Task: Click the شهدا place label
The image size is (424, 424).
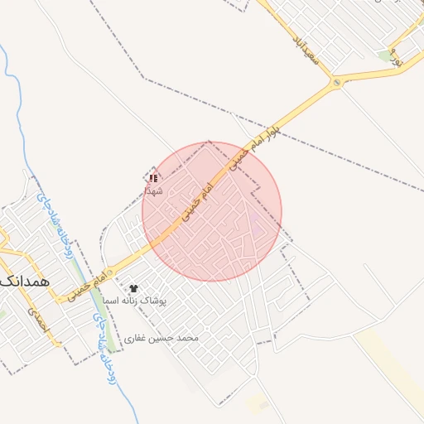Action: (153, 191)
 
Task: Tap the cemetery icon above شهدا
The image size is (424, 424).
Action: (153, 178)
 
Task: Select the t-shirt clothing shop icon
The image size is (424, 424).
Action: (133, 288)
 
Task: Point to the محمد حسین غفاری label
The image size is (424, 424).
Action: (162, 339)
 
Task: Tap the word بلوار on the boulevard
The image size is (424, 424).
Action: (286, 123)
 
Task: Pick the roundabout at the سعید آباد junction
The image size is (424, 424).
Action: (335, 83)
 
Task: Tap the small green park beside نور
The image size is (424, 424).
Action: (383, 55)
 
